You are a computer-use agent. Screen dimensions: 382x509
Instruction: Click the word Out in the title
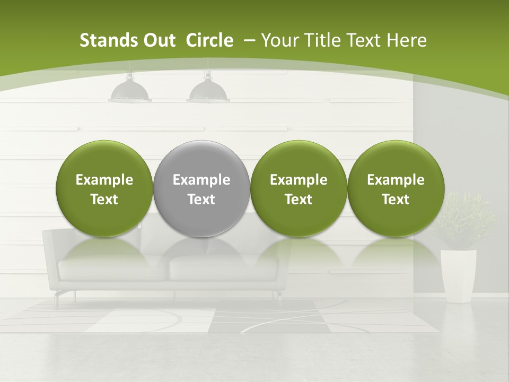pos(157,40)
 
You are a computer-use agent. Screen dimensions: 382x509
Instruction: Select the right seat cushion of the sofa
pos(223,268)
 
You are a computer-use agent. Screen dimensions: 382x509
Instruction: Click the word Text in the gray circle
pos(201,199)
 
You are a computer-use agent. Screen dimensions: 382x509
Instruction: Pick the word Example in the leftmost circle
pos(104,180)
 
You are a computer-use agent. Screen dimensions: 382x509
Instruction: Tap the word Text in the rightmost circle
pos(396,199)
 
